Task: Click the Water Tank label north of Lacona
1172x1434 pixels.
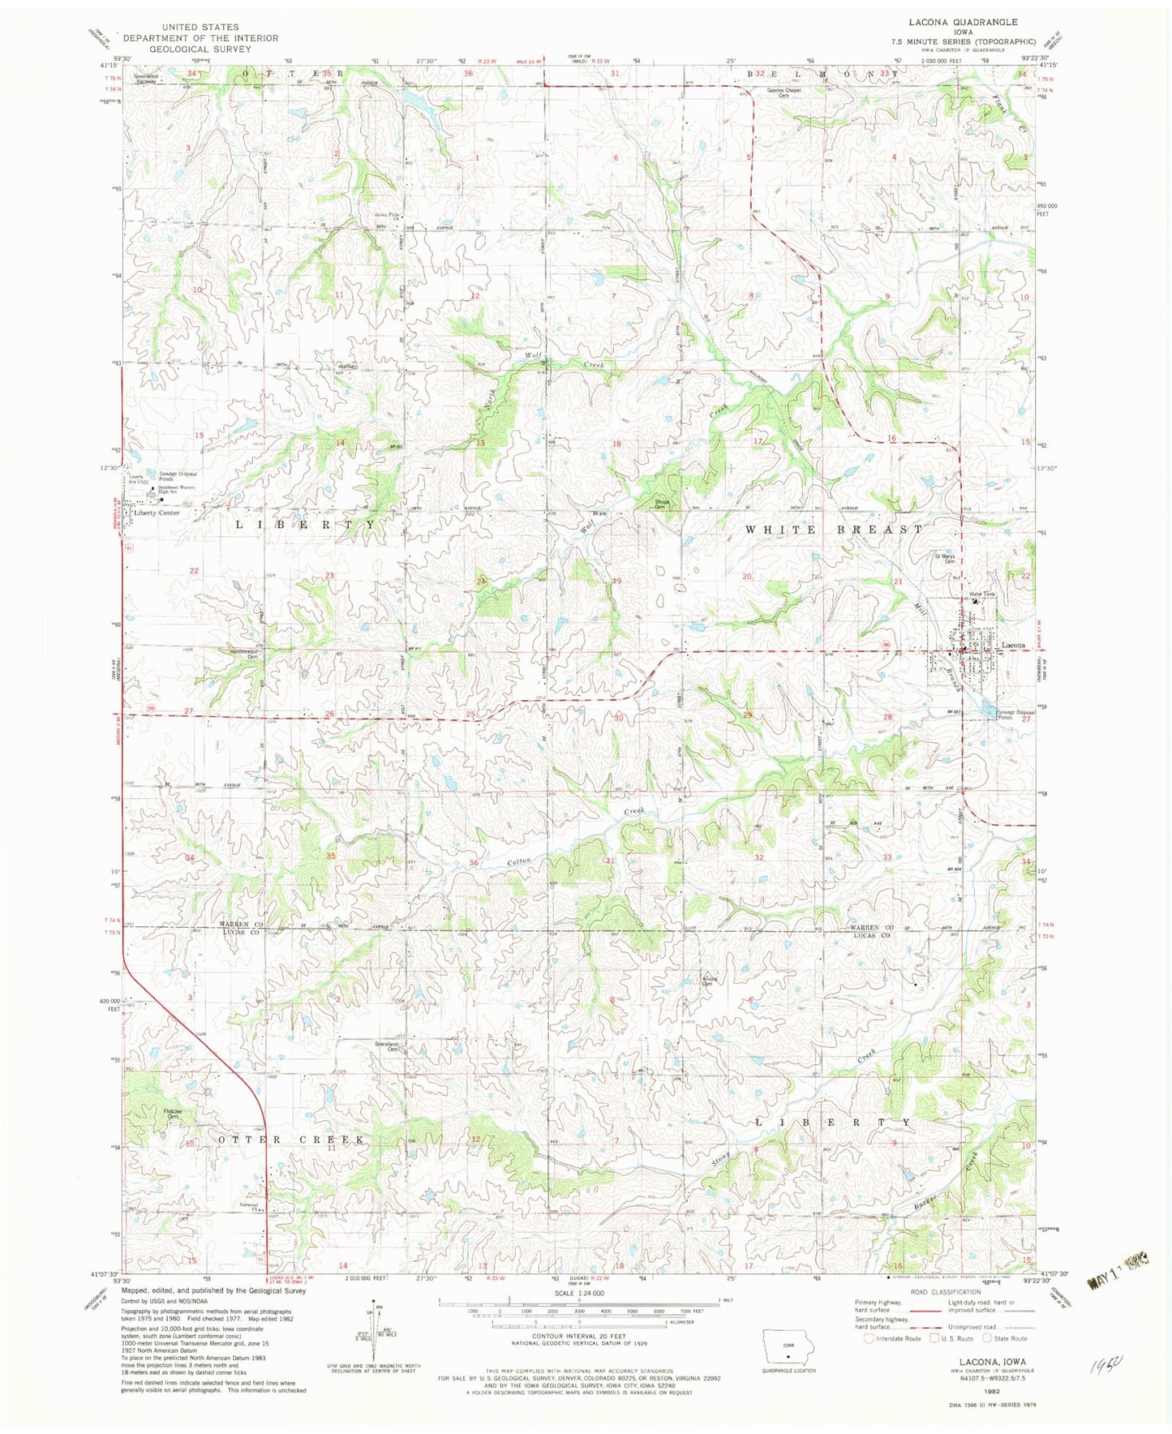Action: (982, 595)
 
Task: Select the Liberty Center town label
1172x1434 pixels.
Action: (157, 513)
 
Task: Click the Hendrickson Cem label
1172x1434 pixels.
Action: (242, 654)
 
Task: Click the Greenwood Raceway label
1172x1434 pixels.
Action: (147, 79)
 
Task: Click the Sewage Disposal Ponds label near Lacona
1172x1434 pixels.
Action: (1015, 715)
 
